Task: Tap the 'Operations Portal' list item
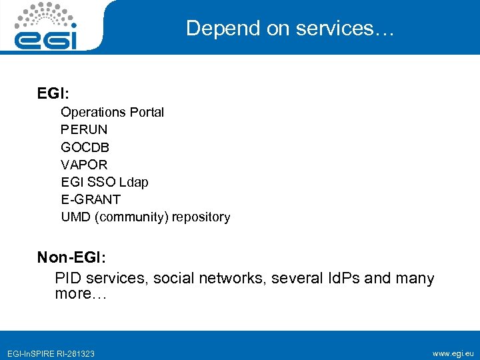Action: coord(112,112)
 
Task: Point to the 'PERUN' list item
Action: coord(84,129)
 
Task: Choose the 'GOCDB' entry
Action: coord(85,147)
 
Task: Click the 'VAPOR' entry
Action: coord(84,164)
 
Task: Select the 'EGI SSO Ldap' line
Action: coord(105,182)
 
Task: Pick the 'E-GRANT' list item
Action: coord(91,199)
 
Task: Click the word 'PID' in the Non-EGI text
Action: coord(68,278)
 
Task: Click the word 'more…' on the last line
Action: coord(81,293)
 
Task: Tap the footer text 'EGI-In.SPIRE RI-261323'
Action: coord(51,353)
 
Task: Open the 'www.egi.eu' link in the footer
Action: coord(453,353)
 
